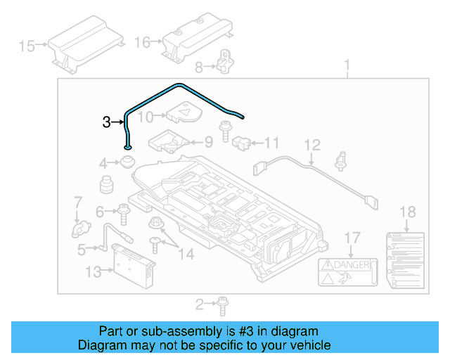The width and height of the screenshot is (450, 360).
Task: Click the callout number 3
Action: pos(106,122)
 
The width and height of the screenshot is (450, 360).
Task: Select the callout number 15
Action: pos(27,46)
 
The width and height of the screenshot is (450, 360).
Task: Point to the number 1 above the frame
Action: pos(347,67)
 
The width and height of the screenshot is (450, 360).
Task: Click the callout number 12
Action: pos(312,146)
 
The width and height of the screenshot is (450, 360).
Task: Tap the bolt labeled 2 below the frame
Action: pos(220,304)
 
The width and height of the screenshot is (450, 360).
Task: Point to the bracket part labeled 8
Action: pos(225,61)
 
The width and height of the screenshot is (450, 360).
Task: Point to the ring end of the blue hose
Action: pos(127,146)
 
